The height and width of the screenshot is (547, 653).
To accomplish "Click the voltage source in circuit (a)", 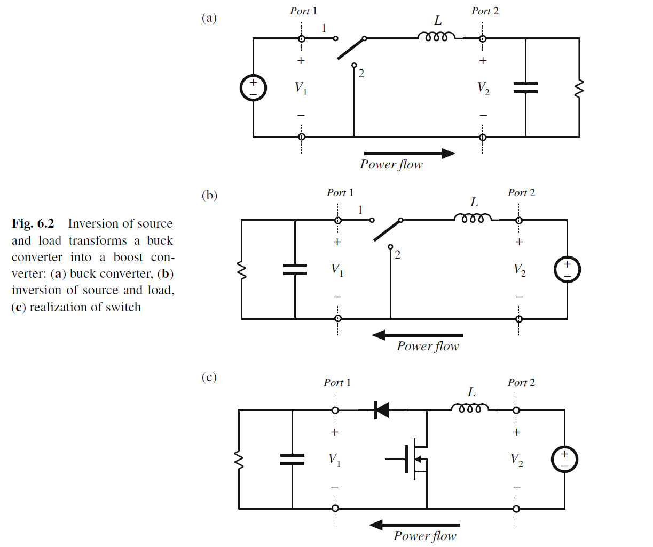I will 253,88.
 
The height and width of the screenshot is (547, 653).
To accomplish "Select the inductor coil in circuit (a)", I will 436,37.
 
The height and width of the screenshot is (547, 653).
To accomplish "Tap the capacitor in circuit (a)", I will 525,88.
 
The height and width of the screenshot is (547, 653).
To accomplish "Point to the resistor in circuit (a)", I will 578,89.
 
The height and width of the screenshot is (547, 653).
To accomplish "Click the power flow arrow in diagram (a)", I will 410,154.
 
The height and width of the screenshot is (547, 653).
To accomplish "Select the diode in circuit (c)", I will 382,410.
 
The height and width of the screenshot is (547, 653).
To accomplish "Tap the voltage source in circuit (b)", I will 567,270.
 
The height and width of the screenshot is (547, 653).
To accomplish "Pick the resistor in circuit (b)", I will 242,270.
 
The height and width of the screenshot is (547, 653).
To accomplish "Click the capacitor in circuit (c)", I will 292,459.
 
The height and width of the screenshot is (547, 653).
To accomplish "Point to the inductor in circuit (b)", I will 473,219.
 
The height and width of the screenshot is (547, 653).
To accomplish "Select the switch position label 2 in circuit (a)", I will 361,74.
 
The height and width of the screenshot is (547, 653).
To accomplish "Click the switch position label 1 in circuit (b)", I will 360,210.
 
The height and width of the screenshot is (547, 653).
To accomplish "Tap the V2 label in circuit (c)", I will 517,460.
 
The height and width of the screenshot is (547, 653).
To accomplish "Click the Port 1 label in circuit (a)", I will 303,11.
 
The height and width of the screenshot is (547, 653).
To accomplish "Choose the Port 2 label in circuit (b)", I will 521,193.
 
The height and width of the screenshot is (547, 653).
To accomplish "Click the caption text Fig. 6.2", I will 33,223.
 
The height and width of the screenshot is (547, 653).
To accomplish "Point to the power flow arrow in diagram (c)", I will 414,525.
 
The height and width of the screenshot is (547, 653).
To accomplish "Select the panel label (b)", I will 209,195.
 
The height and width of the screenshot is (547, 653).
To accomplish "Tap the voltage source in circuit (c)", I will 564,460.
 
